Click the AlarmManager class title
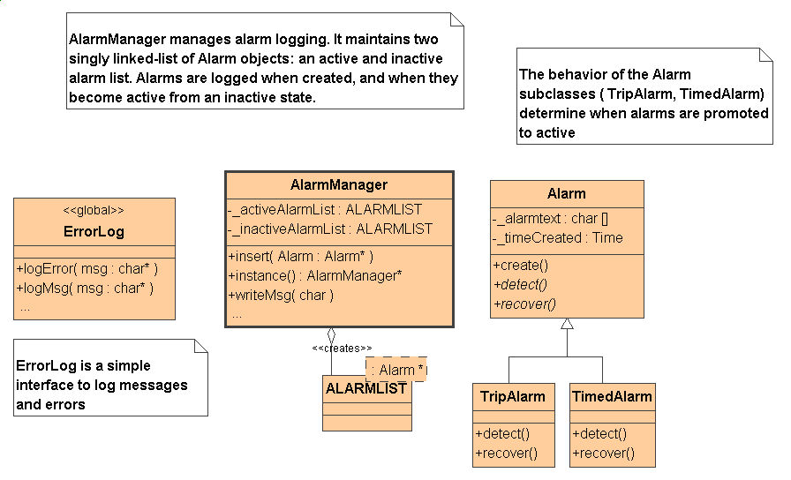[338, 185]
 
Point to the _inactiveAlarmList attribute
[330, 229]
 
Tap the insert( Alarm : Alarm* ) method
[301, 256]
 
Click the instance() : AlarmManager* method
[315, 276]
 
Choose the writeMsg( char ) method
[281, 295]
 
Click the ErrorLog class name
[94, 231]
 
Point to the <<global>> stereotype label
[94, 210]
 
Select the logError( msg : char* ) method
[87, 269]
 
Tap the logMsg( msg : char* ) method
[85, 289]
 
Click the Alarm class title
[567, 193]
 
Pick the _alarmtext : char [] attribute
[550, 218]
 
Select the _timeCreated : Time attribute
[557, 238]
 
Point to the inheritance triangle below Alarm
[567, 324]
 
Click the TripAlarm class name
[513, 396]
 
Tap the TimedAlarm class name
[612, 396]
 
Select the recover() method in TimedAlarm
[603, 454]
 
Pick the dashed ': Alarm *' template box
[396, 370]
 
